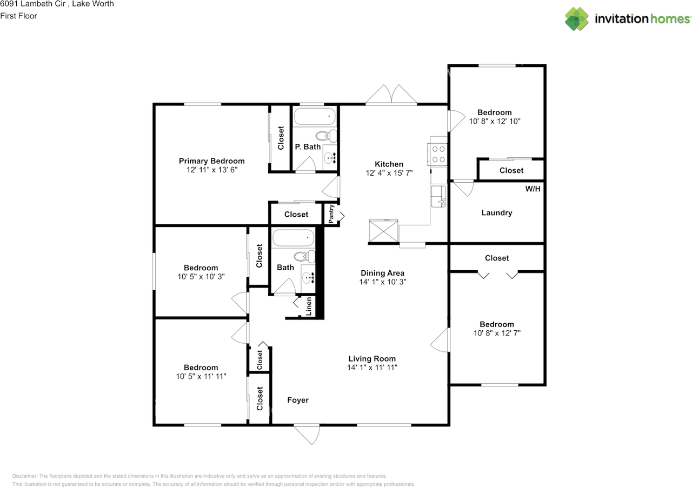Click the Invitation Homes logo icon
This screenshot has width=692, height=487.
tap(576, 19)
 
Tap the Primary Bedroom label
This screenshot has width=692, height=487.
tap(211, 161)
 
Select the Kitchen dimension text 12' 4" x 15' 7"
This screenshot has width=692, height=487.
tap(389, 173)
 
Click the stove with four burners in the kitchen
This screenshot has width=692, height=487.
tap(437, 154)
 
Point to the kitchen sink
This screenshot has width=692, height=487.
tap(438, 196)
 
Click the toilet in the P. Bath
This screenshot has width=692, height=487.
tap(326, 136)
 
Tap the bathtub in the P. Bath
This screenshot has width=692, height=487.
tap(315, 116)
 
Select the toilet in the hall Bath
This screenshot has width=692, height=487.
tap(304, 257)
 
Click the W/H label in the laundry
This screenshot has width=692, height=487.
tap(533, 189)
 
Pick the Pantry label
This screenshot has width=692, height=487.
tap(331, 214)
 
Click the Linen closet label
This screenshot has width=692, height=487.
tap(309, 306)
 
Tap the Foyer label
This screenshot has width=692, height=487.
tap(298, 400)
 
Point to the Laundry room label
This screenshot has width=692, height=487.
tap(497, 212)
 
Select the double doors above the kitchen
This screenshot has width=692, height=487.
tap(391, 94)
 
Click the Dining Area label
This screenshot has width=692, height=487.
tap(382, 273)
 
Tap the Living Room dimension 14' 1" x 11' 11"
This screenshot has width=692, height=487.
tap(372, 367)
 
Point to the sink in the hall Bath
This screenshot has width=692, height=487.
tap(308, 278)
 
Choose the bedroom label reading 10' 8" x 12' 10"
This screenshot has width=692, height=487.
tap(495, 121)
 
